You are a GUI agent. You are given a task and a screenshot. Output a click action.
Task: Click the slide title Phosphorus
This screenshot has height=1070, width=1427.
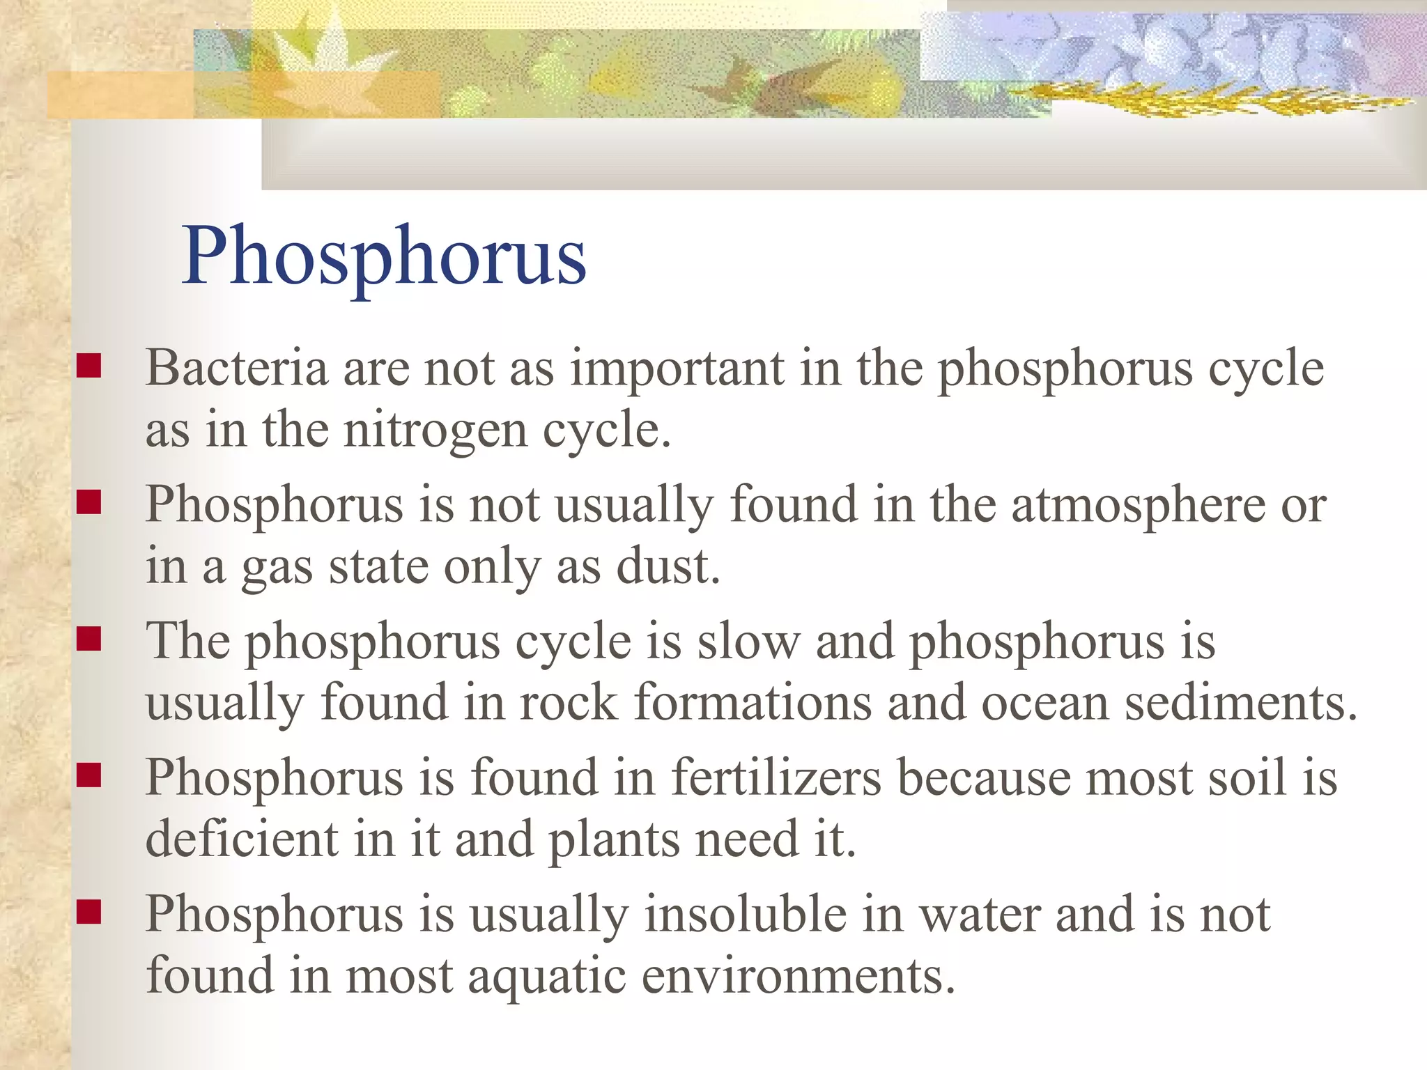(x=384, y=256)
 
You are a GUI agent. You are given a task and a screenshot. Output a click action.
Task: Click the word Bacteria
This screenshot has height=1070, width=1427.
(x=236, y=367)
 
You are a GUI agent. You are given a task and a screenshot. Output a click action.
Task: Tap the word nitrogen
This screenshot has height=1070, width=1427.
(x=435, y=429)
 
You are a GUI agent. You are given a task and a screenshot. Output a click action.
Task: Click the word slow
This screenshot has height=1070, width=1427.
(x=749, y=640)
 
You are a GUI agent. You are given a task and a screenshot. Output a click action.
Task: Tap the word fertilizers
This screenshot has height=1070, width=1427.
(x=776, y=777)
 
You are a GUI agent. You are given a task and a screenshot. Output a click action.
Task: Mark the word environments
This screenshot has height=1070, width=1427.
(x=797, y=975)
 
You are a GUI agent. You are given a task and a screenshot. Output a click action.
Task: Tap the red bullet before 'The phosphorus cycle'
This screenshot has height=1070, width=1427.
(x=89, y=638)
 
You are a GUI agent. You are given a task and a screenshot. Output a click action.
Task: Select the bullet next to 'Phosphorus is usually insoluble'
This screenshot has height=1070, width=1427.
(x=89, y=911)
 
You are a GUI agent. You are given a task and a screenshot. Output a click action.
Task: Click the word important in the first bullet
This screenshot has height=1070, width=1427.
(x=677, y=367)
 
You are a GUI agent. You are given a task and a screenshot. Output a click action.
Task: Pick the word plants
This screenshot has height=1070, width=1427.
(x=614, y=839)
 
